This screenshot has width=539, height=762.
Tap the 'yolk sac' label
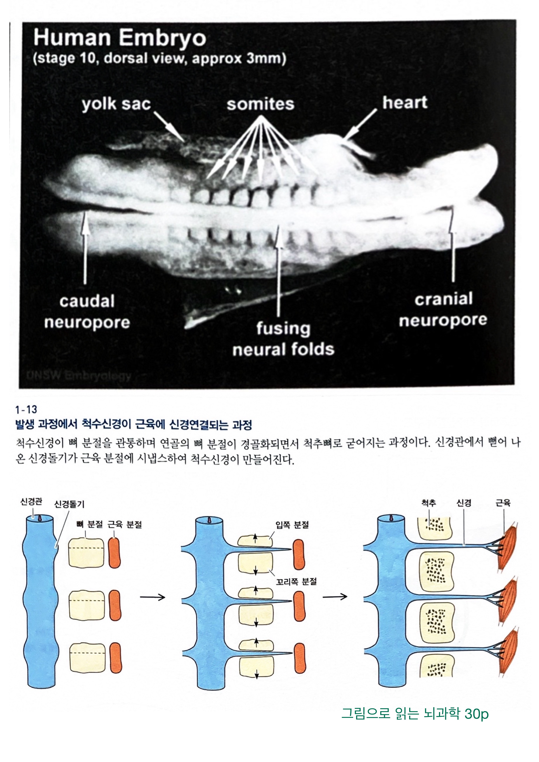[116, 104]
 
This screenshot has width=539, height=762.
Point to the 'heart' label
[405, 102]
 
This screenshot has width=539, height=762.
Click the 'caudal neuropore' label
[87, 311]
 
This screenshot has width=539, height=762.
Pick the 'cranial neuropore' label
[443, 309]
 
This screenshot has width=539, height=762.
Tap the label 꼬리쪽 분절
[296, 581]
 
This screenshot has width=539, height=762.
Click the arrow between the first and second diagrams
[152, 597]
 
